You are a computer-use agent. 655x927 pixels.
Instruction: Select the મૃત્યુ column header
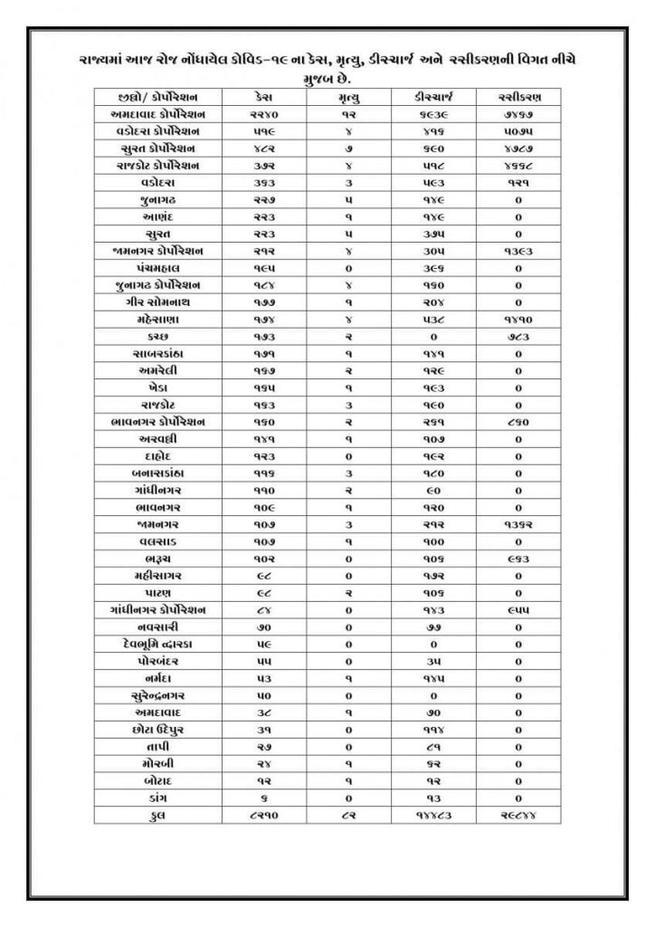(347, 96)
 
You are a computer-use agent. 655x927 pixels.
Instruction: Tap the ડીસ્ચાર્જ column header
(433, 96)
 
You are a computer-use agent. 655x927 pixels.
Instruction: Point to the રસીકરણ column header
(518, 96)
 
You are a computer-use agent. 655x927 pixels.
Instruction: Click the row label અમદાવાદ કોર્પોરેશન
(158, 114)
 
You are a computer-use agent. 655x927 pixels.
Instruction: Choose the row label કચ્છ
(158, 335)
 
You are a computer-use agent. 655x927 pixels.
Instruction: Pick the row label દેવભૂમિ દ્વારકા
(158, 644)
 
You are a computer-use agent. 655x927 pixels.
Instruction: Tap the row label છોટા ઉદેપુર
(158, 730)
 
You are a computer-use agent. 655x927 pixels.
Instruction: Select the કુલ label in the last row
(158, 816)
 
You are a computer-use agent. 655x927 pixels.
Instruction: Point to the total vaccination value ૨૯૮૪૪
(518, 816)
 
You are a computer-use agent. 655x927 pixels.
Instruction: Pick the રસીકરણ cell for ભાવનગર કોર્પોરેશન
(518, 421)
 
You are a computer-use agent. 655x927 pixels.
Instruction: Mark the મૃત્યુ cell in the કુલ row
(347, 816)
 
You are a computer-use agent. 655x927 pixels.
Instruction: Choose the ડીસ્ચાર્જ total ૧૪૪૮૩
(433, 816)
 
